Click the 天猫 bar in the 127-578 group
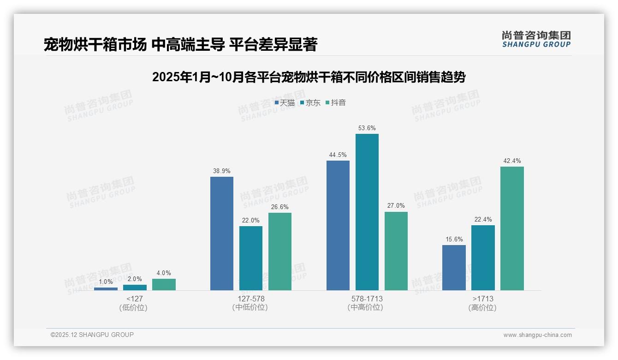pos(222,234)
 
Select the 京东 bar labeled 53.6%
pos(367,212)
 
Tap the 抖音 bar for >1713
pos(512,228)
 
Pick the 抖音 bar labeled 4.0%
pos(164,284)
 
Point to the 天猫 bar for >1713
pos(454,268)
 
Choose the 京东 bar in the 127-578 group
pos(251,258)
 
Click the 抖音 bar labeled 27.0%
pos(396,251)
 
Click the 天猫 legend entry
pos(285,103)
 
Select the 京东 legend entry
pos(310,103)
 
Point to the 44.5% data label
pos(338,155)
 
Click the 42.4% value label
pos(512,161)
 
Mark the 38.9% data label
pos(221,171)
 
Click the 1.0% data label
pos(106,282)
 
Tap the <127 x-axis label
pos(134,299)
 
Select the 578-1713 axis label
pos(367,299)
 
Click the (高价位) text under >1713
pos(482,308)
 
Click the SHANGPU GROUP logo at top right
pos(536,39)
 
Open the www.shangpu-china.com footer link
pos(537,335)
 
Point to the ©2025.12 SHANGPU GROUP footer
pos(92,335)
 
